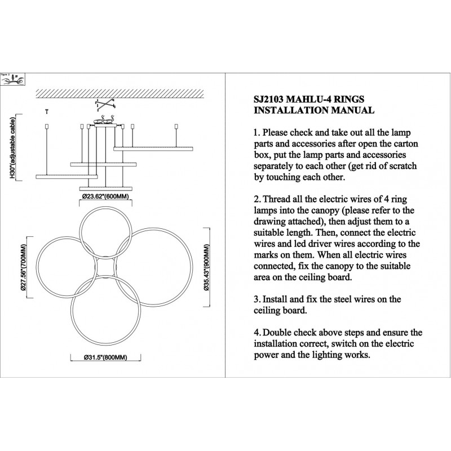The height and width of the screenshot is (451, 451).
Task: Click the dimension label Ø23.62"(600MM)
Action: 106,196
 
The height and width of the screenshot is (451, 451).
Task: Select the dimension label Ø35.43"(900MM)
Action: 207,268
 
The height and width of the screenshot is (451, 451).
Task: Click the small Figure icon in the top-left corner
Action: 12,79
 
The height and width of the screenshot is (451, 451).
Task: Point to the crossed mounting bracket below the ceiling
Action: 104,105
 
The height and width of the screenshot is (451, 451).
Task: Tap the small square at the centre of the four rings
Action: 104,267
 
